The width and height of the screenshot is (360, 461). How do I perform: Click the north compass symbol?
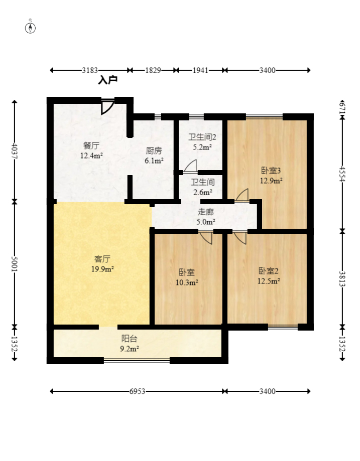coord(30,28)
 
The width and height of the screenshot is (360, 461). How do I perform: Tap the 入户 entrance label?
coord(108,80)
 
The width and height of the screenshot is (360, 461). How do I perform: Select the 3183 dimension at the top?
coord(90,70)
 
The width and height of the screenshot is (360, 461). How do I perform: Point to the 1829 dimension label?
coord(153,70)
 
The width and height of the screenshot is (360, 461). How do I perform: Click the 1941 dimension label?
coord(200,70)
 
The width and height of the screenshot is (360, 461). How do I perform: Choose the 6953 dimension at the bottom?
coord(137,391)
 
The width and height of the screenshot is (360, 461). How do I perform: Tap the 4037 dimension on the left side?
coord(15,151)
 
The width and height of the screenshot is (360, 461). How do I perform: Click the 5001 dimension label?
coord(15,264)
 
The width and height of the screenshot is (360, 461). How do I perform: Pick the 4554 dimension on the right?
coord(342,174)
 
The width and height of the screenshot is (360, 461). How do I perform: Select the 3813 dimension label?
coord(342,279)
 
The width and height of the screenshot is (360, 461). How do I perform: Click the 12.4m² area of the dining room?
coord(91,156)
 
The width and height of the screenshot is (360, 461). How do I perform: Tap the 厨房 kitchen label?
coord(154,151)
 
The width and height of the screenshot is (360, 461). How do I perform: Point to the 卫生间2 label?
coord(202,137)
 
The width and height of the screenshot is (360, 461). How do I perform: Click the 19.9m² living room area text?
coord(102,269)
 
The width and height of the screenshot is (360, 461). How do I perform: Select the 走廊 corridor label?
coord(205,212)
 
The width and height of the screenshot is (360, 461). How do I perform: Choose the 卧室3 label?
coord(271,171)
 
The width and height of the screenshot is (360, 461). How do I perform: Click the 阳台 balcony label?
coord(129,339)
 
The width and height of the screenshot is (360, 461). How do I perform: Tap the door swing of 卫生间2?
coord(191,166)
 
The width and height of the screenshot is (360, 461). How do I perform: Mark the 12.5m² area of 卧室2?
coord(269,281)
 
